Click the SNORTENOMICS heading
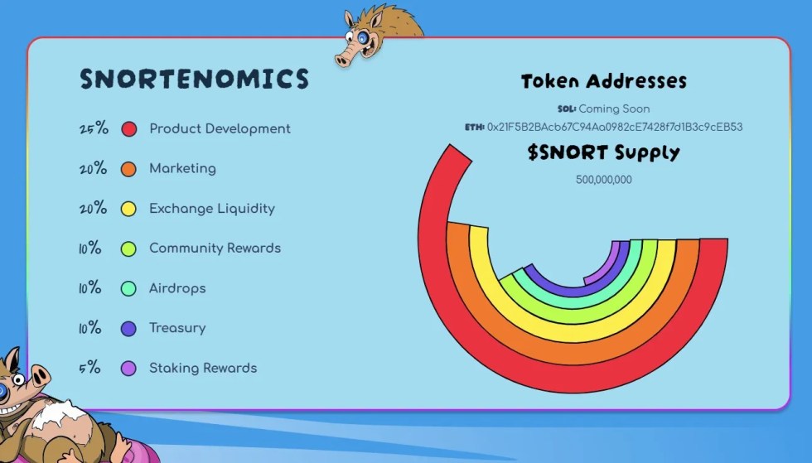pos(194,80)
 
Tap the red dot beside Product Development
pos(129,129)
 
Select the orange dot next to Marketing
pos(128,169)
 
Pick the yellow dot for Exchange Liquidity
pos(128,209)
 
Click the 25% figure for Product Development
pos(94,128)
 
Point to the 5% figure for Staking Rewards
pos(89,368)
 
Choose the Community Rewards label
pos(215,248)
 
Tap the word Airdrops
pos(177,288)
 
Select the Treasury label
pos(177,328)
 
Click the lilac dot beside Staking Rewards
pos(128,369)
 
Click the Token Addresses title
pos(604,81)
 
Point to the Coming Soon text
pos(614,109)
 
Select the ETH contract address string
pos(615,127)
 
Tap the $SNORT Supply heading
pos(604,152)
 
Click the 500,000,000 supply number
pos(604,180)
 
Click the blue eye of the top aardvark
pos(363,38)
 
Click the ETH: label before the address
pos(474,127)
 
